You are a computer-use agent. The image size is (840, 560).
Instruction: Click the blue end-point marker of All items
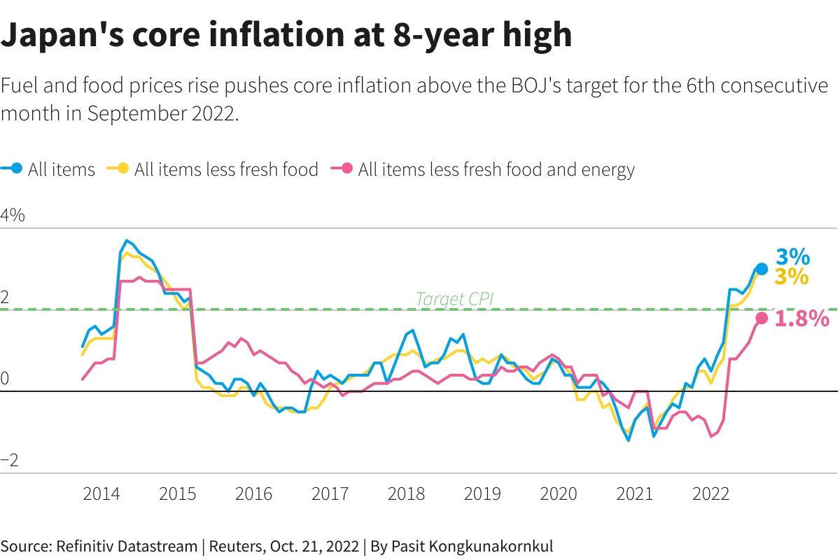762,269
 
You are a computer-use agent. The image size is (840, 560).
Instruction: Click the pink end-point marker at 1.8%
762,318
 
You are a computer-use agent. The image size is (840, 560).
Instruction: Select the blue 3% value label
792,257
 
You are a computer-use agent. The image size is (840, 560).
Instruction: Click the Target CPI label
454,299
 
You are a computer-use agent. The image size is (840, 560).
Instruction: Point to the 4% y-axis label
13,216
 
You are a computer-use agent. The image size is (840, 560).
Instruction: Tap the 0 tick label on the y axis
5,379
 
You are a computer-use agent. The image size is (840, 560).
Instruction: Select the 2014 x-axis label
102,493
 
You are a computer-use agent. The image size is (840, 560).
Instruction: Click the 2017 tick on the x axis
330,493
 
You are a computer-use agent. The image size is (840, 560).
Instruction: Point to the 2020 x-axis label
559,493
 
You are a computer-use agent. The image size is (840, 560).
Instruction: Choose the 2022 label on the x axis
711,493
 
